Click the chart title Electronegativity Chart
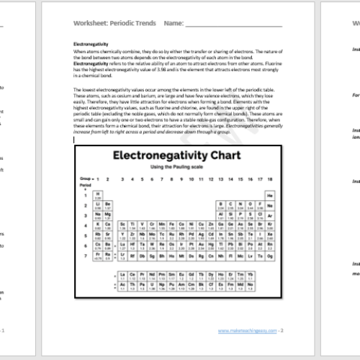178,156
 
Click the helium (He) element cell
269,195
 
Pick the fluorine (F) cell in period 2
259,204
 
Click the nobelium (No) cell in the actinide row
259,286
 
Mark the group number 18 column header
269,179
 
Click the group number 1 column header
96,179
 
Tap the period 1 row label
86,195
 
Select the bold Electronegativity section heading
91,44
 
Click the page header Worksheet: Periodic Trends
112,24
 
